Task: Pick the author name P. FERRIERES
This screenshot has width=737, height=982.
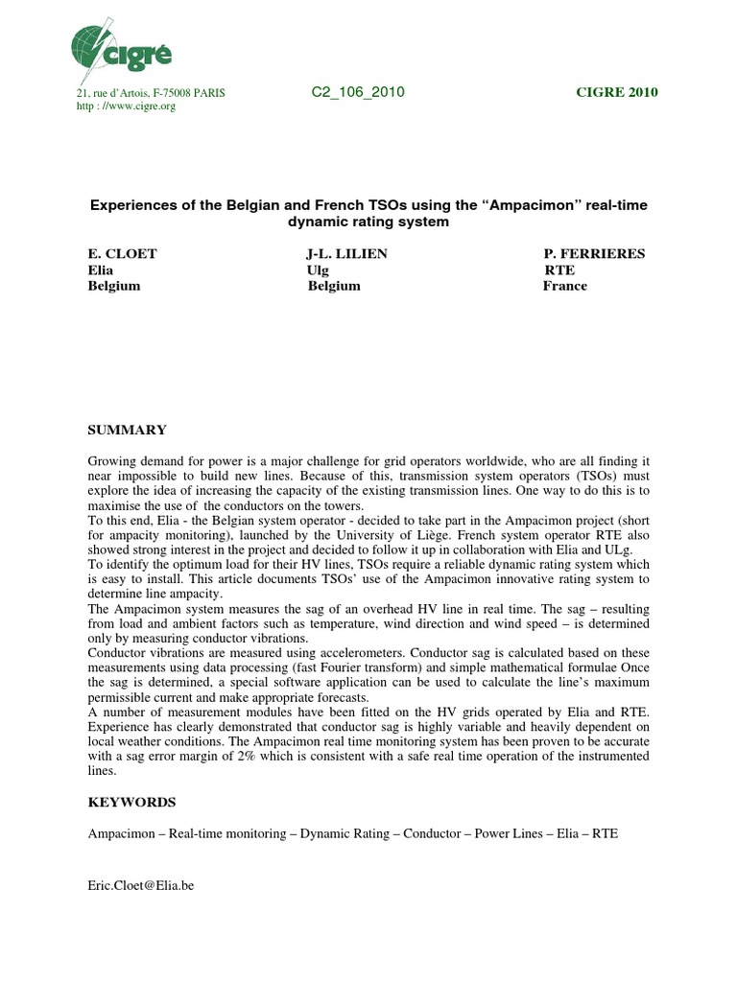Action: [594, 253]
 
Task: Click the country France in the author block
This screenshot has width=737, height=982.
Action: [565, 286]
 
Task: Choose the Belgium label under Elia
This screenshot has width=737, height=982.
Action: [114, 286]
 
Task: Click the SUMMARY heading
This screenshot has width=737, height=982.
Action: [127, 431]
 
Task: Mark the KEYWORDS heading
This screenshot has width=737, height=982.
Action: [131, 800]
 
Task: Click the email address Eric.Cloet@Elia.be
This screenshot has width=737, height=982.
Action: [141, 886]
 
